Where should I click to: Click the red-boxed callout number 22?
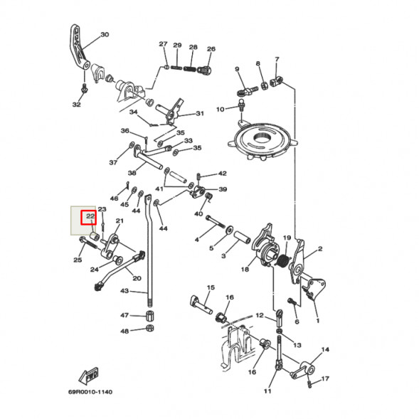tap(90, 216)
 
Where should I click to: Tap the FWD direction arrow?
tap(88, 376)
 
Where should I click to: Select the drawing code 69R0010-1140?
tap(90, 392)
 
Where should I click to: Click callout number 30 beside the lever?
tap(105, 34)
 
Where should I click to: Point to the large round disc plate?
tap(262, 142)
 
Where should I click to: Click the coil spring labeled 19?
tap(283, 260)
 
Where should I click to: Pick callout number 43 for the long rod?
tap(124, 291)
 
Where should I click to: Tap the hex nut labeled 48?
tap(150, 328)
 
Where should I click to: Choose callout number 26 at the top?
tap(211, 49)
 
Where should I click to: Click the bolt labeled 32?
tap(85, 89)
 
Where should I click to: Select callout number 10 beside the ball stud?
tap(221, 110)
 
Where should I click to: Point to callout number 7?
tap(277, 59)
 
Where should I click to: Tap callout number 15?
tap(211, 287)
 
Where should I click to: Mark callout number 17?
tap(325, 378)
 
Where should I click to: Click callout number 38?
tap(132, 173)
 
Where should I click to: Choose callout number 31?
tap(200, 113)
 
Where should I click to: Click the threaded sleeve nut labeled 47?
tap(150, 316)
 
